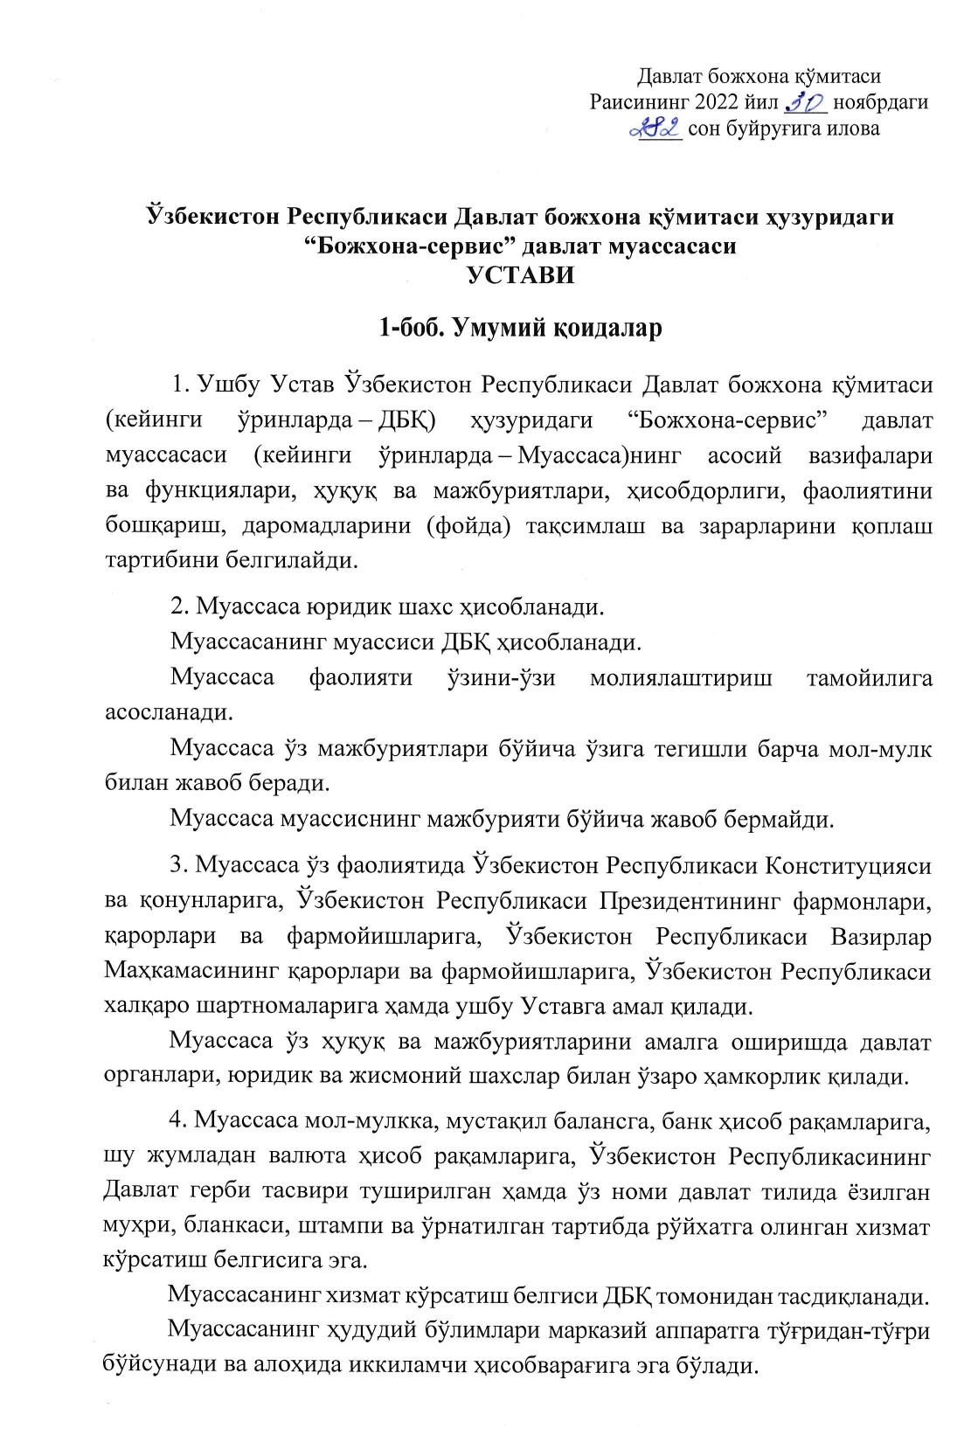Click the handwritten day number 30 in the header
coord(806,102)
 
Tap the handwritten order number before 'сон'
coord(656,129)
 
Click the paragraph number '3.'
coord(180,865)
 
